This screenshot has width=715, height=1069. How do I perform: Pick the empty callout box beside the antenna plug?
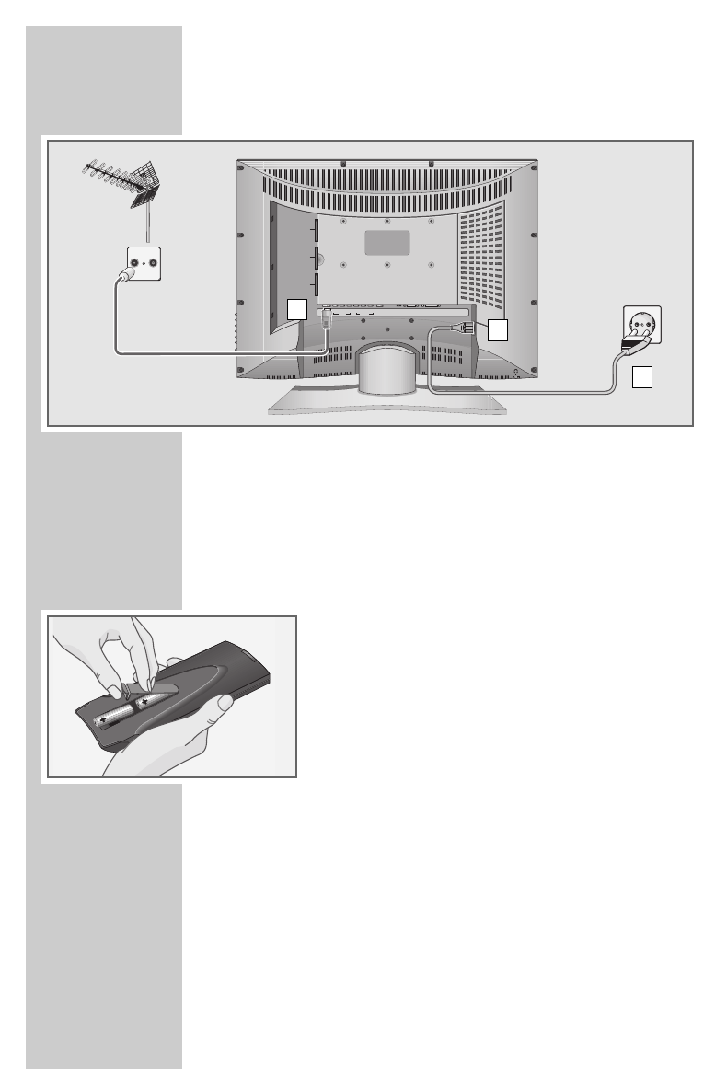[295, 309]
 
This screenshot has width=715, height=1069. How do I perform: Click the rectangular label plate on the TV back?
[388, 241]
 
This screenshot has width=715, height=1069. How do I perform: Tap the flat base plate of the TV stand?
[386, 406]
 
